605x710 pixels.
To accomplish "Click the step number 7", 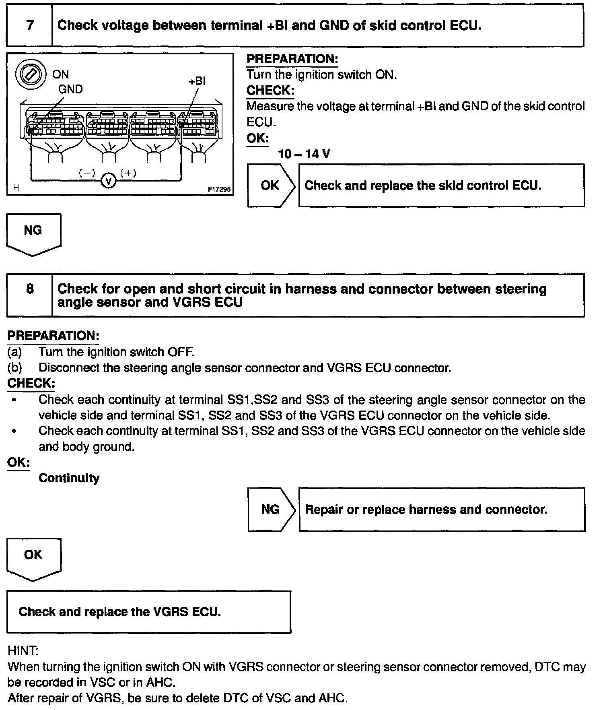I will (30, 26).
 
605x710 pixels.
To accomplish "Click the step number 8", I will (30, 289).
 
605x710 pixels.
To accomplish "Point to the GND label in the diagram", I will (70, 89).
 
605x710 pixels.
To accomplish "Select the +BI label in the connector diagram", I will (197, 81).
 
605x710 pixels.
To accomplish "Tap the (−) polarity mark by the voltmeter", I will (87, 173).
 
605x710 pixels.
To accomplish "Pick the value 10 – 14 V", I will (304, 154).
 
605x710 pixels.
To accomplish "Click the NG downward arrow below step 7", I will (33, 234).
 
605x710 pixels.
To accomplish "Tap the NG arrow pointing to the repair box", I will (271, 510).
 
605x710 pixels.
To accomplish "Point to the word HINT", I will (23, 651).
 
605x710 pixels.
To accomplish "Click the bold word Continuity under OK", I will (69, 478).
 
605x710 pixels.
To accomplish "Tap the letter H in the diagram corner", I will (16, 188).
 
